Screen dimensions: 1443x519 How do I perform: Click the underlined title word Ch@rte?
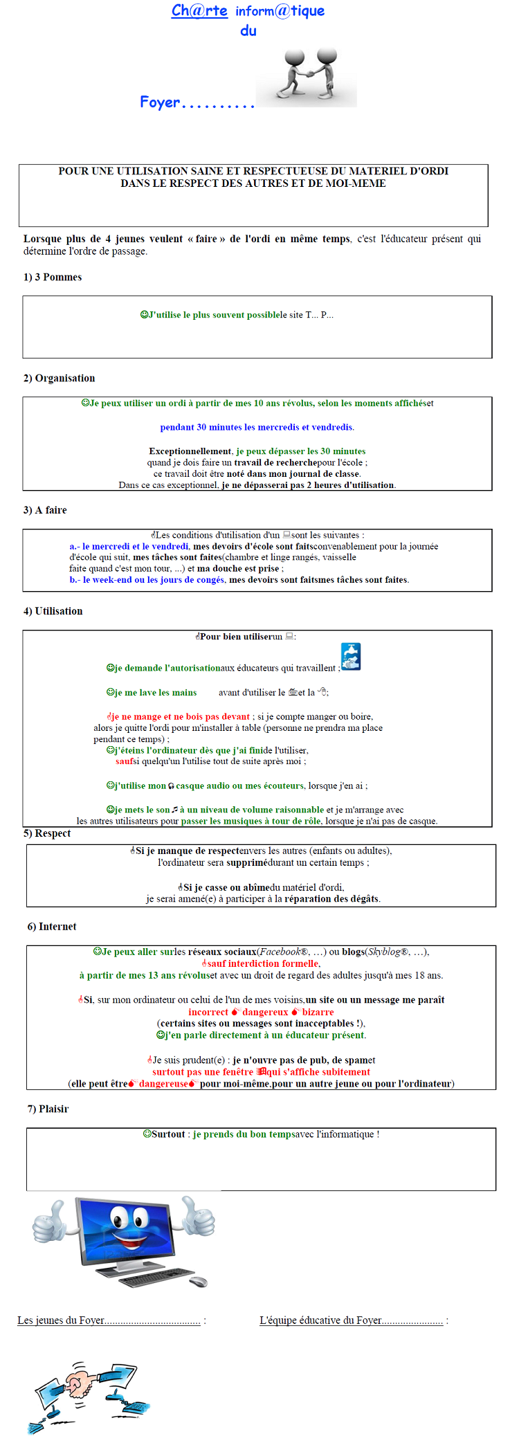pyautogui.click(x=199, y=11)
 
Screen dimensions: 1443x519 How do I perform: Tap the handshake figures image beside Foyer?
pyautogui.click(x=307, y=75)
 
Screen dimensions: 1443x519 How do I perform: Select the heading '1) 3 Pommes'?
pyautogui.click(x=53, y=278)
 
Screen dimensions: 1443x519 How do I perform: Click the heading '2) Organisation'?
pyautogui.click(x=60, y=379)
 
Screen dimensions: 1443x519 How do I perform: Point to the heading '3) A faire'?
pyautogui.click(x=45, y=510)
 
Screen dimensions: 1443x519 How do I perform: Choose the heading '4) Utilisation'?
pyautogui.click(x=53, y=611)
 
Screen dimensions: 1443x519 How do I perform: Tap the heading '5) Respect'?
pyautogui.click(x=47, y=833)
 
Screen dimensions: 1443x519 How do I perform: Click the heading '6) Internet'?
pyautogui.click(x=52, y=927)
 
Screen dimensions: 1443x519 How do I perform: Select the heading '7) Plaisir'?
pyautogui.click(x=48, y=1109)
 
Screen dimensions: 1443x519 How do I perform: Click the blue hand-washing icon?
pyautogui.click(x=351, y=657)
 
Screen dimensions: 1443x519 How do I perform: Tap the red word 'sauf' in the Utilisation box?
pyautogui.click(x=124, y=761)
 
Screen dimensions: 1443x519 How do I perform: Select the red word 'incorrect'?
pyautogui.click(x=208, y=1012)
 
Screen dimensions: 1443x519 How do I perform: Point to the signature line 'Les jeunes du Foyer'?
pyautogui.click(x=109, y=1321)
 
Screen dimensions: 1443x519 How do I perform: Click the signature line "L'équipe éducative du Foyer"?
pyautogui.click(x=351, y=1321)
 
